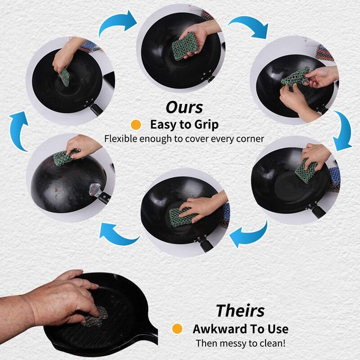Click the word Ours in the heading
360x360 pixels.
pos(184,107)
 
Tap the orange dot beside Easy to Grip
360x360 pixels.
pos(134,124)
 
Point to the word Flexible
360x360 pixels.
pos(121,139)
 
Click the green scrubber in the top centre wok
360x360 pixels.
pos(184,46)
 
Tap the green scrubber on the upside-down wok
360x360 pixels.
pos(63,157)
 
